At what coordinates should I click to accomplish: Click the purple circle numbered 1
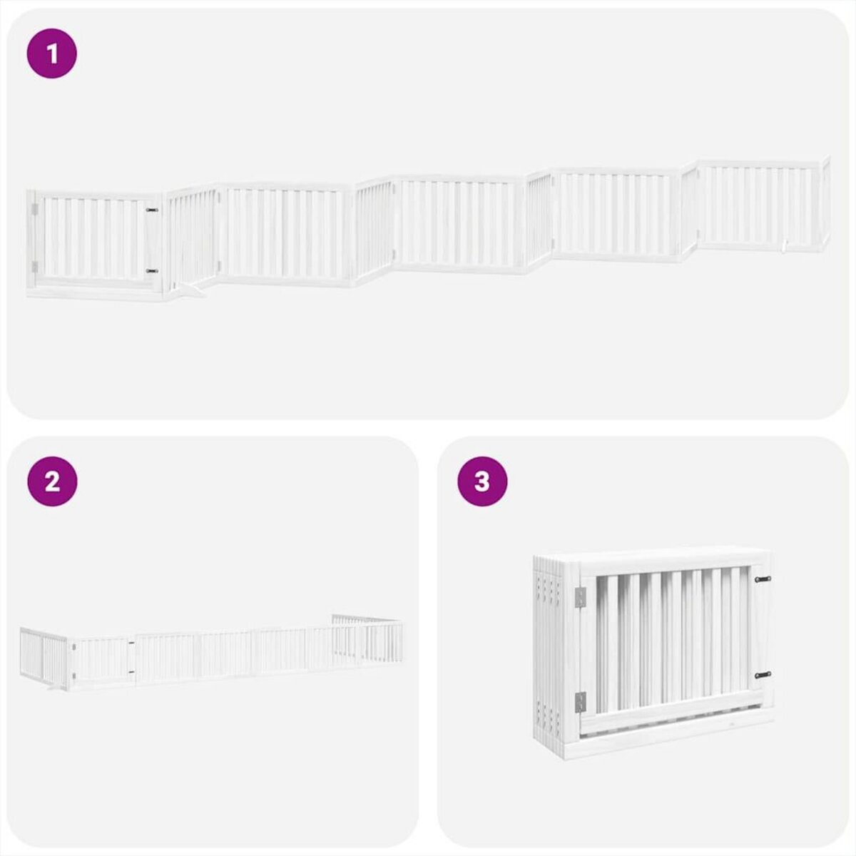click(51, 53)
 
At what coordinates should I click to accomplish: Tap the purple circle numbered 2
click(51, 481)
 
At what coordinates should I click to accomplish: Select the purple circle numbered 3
click(482, 481)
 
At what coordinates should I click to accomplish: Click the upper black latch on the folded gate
click(763, 579)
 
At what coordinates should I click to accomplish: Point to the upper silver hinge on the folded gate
click(579, 598)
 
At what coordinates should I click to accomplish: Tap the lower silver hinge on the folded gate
click(579, 703)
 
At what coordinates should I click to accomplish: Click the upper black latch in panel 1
click(151, 210)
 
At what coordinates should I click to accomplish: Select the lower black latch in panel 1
click(151, 271)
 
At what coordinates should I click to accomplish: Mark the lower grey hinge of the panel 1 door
click(34, 266)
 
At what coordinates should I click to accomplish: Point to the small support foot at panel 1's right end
click(785, 246)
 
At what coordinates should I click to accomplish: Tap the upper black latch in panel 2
click(131, 644)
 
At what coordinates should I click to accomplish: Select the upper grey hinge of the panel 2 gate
click(73, 646)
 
